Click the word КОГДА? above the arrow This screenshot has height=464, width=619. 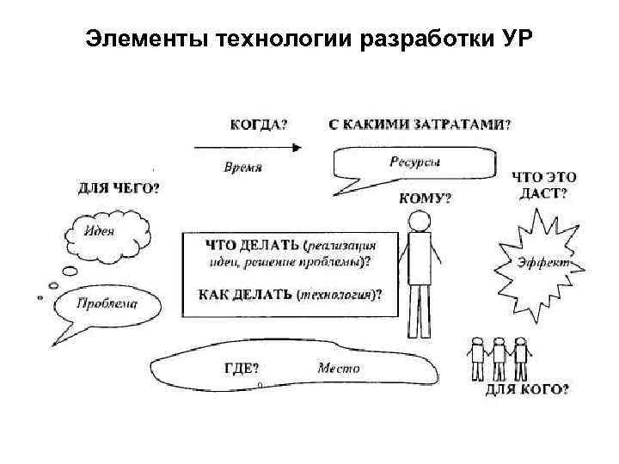[x=259, y=123]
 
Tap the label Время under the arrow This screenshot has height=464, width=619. [x=242, y=167]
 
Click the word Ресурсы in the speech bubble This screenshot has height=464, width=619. [x=414, y=161]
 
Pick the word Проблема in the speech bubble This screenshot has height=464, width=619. [x=107, y=302]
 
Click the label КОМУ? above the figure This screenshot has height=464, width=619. [x=425, y=198]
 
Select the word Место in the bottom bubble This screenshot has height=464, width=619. [x=339, y=368]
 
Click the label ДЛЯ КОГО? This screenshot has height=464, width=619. [x=526, y=389]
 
